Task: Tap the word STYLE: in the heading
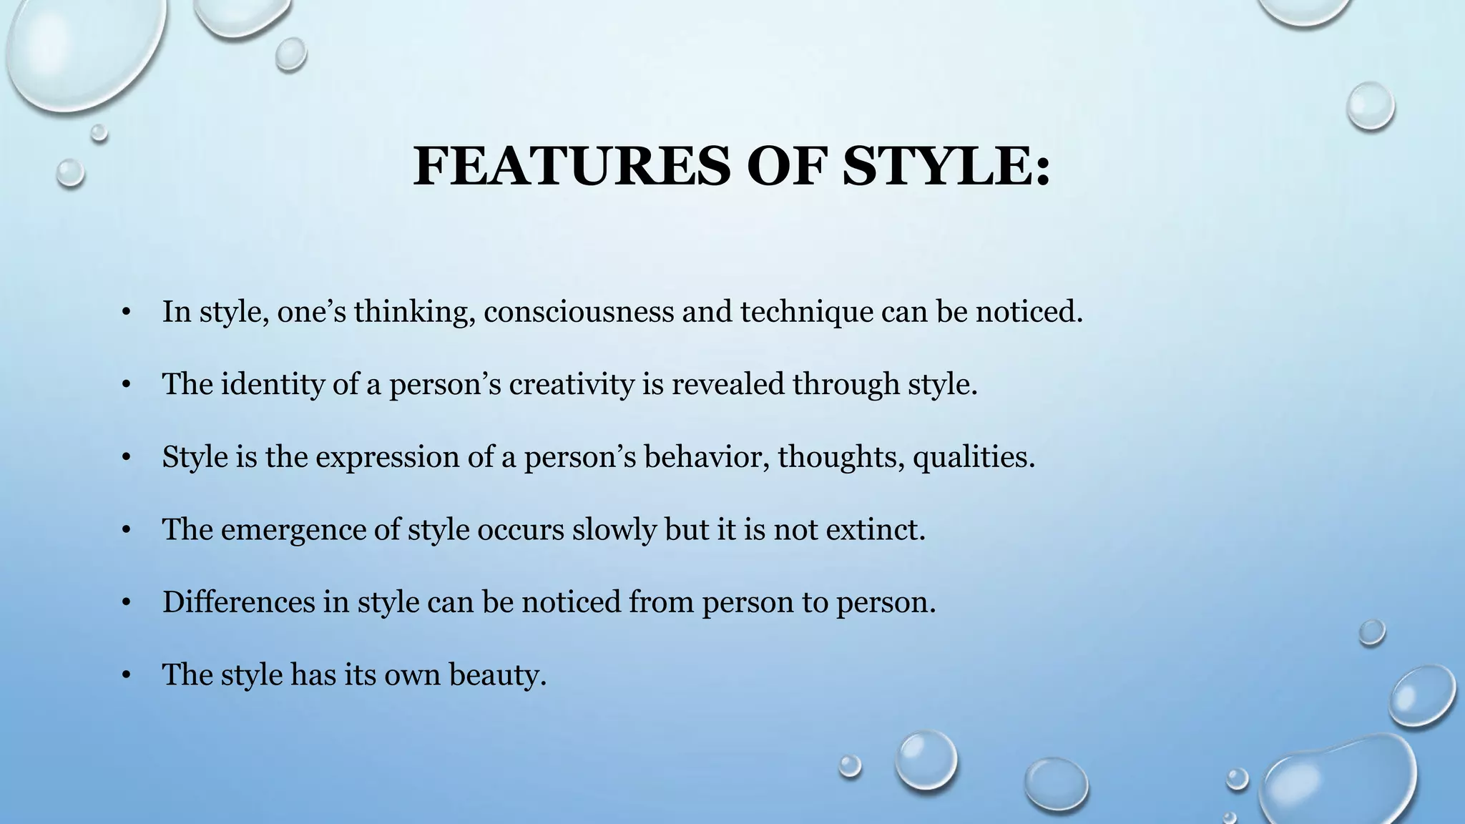tap(946, 167)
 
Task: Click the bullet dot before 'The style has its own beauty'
tap(127, 675)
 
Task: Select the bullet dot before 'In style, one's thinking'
tap(127, 312)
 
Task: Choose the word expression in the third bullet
tap(387, 457)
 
